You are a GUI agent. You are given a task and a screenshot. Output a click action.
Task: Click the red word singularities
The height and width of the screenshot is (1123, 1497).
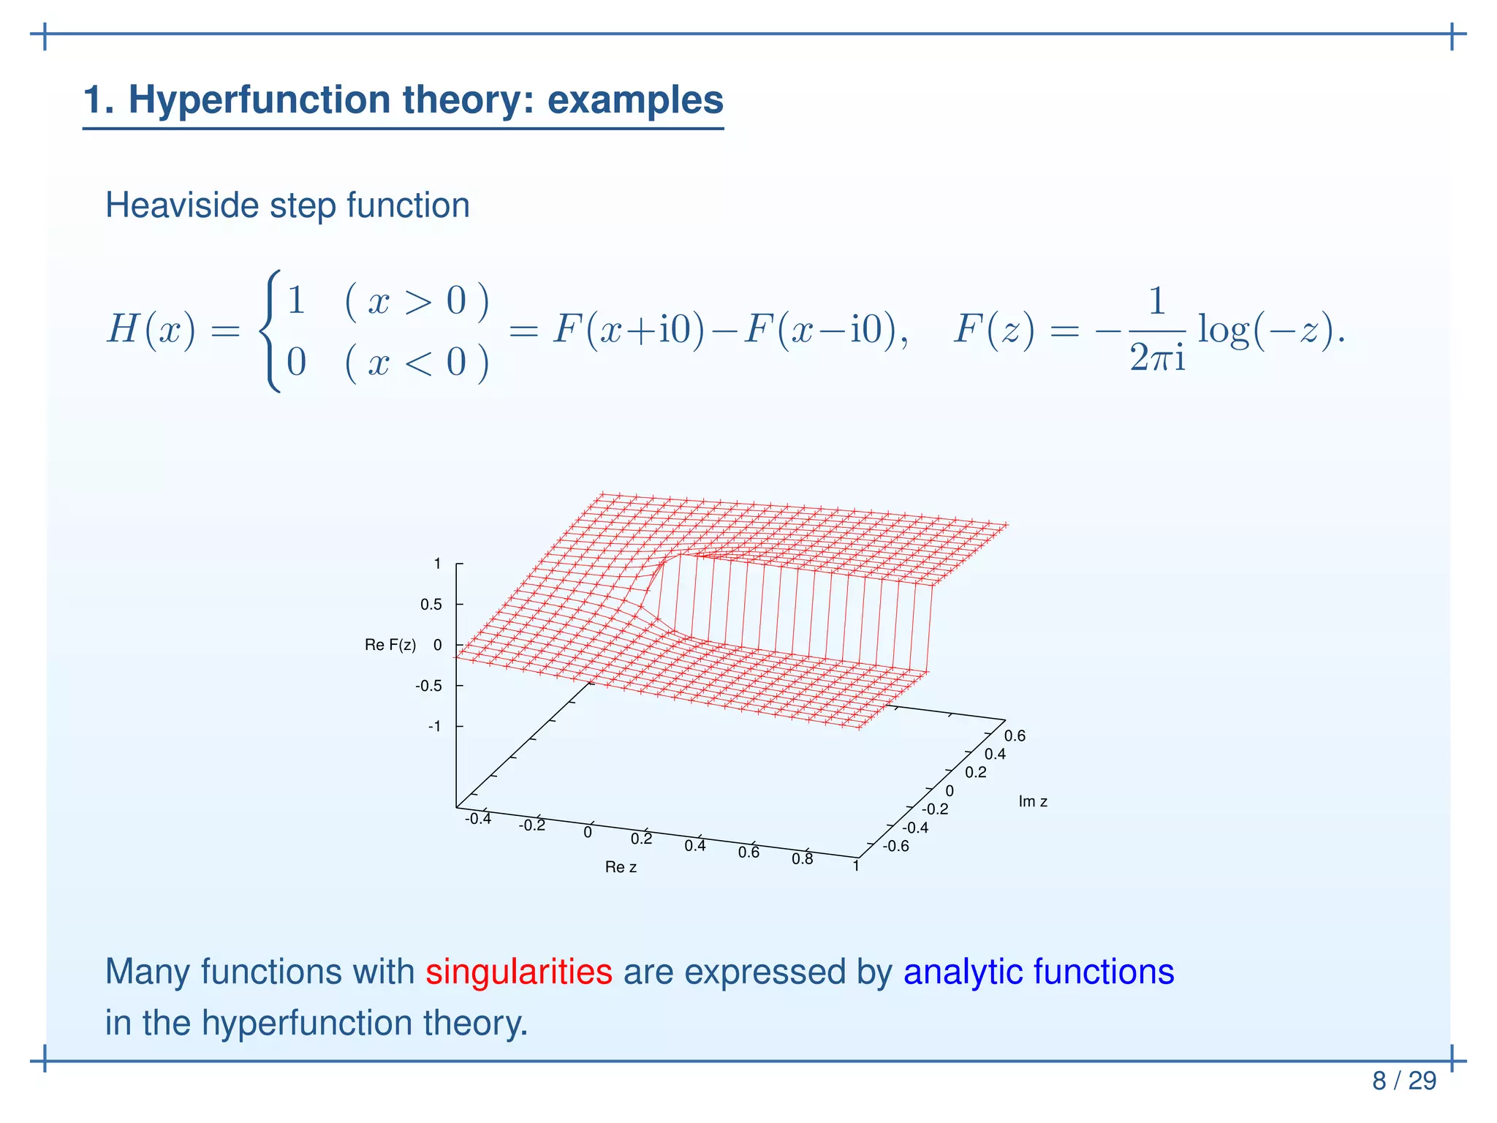pos(518,972)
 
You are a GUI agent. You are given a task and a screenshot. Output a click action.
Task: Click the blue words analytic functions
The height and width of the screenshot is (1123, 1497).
pos(1038,972)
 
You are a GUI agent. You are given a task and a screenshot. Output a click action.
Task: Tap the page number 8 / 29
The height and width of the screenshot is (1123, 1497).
pos(1403,1081)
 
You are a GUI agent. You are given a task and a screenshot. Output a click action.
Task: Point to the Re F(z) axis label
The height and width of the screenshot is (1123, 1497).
pos(390,645)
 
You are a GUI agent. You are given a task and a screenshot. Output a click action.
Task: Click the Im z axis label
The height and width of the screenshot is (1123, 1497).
pos(1032,801)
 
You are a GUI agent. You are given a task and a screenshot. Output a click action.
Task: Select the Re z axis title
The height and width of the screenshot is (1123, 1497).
pos(621,867)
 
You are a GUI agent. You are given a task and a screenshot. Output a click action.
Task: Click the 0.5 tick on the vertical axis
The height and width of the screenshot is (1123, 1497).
pos(431,605)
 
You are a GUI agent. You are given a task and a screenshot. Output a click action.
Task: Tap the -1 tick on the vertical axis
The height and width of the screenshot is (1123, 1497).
pos(434,726)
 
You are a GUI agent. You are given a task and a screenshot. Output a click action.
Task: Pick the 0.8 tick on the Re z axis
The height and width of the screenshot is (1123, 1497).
pos(802,859)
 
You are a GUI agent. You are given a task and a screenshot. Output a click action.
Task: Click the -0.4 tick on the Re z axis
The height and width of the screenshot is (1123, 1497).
pos(478,819)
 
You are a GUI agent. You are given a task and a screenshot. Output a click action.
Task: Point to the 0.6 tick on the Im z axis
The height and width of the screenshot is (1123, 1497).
pos(1015,736)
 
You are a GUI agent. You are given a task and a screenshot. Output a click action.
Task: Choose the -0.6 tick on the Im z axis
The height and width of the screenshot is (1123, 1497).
pos(896,847)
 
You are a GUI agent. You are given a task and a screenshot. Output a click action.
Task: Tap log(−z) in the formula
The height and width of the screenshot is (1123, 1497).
pos(1268,330)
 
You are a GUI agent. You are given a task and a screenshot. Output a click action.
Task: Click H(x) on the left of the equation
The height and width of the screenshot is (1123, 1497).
pos(152,330)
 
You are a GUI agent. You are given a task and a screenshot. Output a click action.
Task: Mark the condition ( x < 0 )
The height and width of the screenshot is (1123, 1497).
pos(417,362)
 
